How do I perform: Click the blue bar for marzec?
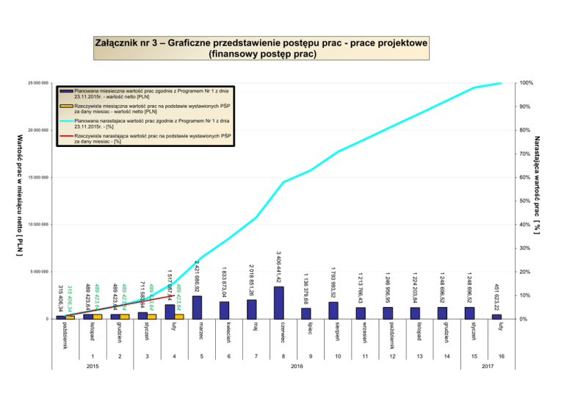(x=197, y=307)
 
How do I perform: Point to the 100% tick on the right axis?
(x=524, y=84)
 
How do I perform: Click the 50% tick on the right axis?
(x=522, y=201)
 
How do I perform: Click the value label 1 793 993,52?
(x=333, y=283)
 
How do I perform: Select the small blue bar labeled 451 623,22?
(x=497, y=316)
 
